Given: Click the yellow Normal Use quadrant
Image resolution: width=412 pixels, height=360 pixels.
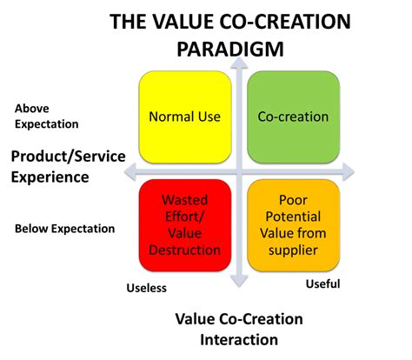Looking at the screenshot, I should tap(184, 116).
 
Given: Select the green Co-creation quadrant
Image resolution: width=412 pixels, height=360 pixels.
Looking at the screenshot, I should tap(293, 116).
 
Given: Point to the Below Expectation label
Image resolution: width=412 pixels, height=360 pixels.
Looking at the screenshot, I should tap(64, 229).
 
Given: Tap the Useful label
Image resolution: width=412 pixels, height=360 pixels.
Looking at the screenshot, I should tap(322, 283).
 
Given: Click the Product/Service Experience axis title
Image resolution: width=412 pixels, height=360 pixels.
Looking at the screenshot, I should tap(68, 167).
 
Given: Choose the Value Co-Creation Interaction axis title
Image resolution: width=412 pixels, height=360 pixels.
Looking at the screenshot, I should tap(239, 329).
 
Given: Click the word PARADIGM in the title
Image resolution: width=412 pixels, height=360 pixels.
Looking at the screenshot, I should tap(230, 48).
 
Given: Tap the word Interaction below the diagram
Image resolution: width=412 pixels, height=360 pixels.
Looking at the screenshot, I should tap(239, 339).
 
